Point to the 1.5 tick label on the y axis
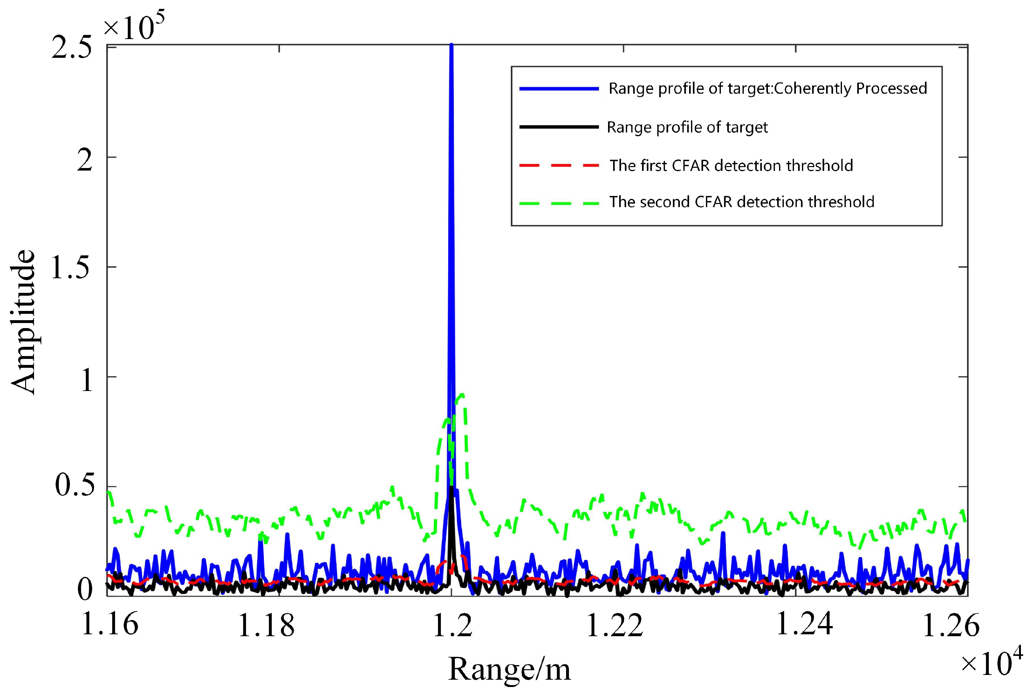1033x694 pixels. pos(71,268)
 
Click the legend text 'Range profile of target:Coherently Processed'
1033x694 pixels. pos(767,89)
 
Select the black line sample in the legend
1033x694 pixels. pos(558,127)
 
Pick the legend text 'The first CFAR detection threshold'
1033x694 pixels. pos(731,165)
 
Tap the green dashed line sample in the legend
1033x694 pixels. pos(558,203)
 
